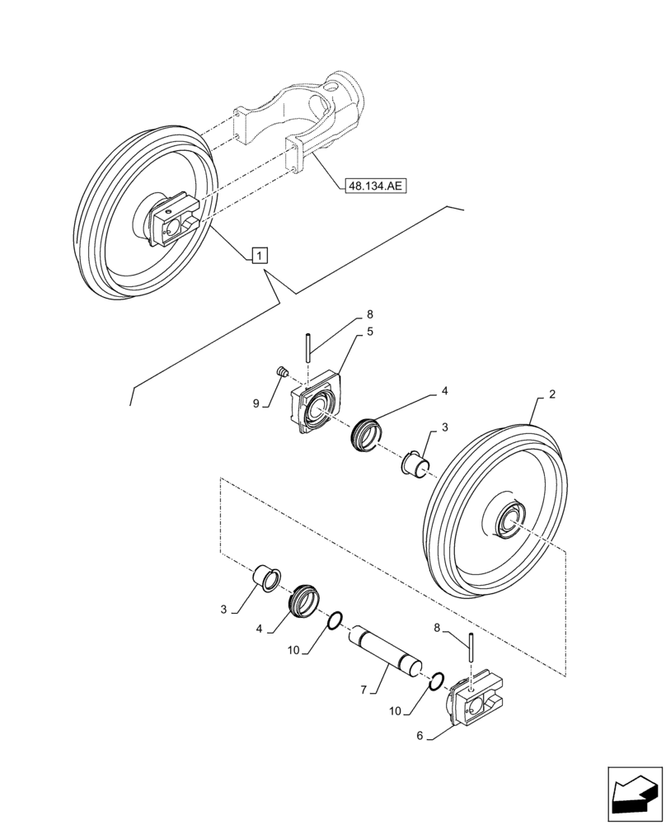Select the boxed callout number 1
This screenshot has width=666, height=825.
259,255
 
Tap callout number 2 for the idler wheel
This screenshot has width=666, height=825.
551,395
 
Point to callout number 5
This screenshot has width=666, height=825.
370,332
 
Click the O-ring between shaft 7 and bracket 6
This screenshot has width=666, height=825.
438,681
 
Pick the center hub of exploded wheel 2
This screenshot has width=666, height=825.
506,521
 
